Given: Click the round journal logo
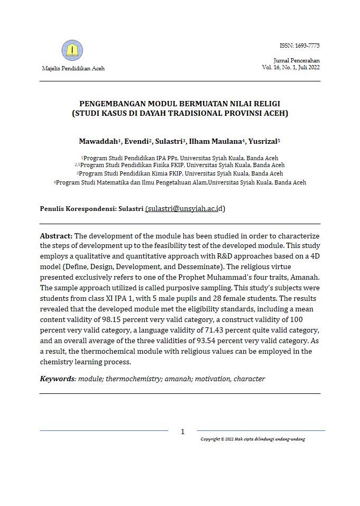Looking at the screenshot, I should click(x=72, y=51).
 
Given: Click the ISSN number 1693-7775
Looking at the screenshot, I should click(x=299, y=46).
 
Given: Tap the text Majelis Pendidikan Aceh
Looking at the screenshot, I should click(x=73, y=69).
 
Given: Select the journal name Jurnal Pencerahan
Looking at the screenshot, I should click(x=297, y=61).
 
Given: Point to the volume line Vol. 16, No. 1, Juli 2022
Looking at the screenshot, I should click(x=291, y=68).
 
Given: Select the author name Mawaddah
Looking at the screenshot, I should click(x=98, y=141).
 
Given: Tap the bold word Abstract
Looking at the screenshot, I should click(x=56, y=235).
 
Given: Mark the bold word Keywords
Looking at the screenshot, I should click(x=58, y=379).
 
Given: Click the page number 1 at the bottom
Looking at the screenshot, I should click(x=183, y=431).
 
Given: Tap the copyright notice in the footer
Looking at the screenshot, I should click(x=253, y=439).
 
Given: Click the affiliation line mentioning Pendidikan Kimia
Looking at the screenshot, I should click(x=180, y=173).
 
